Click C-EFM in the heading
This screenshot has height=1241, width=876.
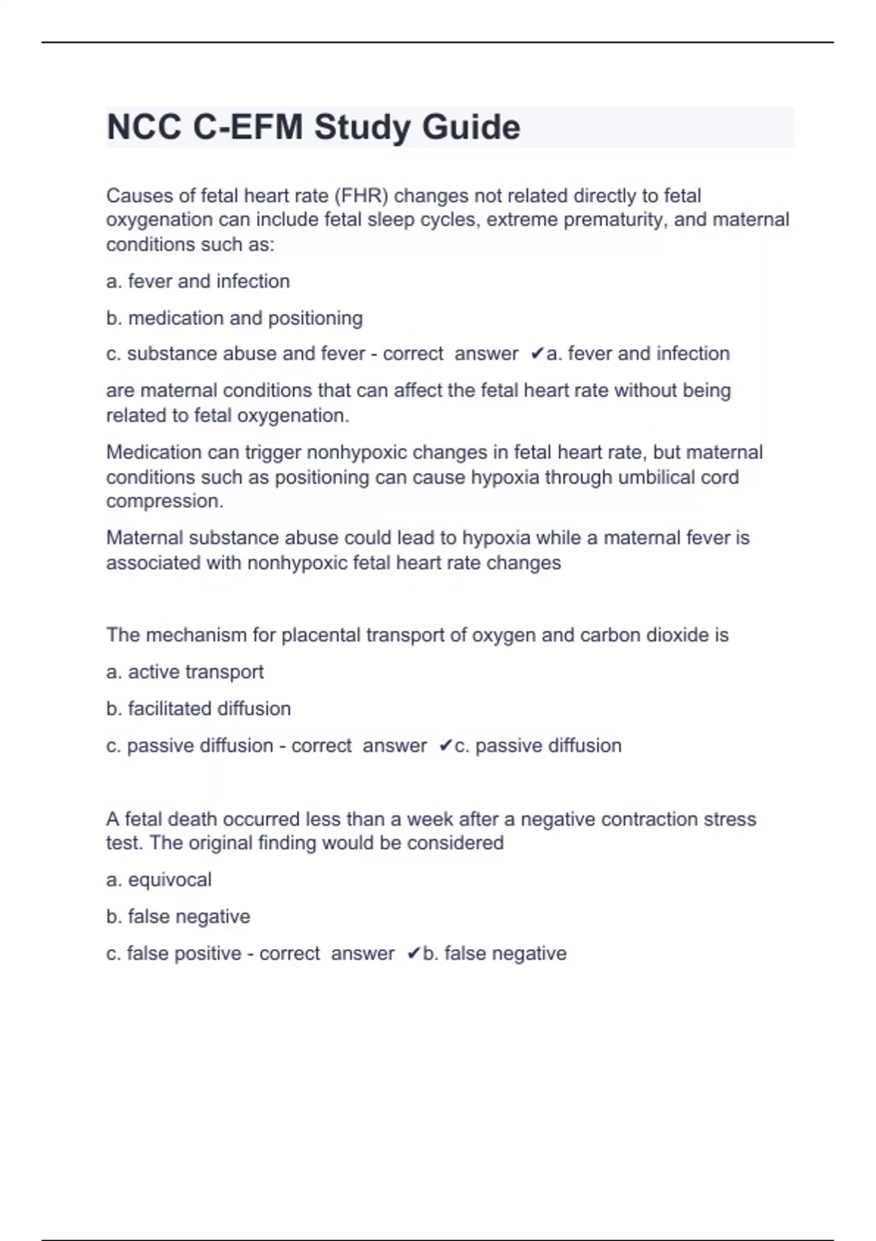tap(247, 128)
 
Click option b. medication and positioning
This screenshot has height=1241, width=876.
tap(234, 318)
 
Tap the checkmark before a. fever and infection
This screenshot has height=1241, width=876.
tap(537, 354)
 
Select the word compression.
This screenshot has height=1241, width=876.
tap(164, 502)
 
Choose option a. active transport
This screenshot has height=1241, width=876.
tap(185, 672)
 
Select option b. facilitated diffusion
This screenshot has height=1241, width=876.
tap(199, 709)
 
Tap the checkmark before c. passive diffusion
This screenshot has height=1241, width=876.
tap(445, 746)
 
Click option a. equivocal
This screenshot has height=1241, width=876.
tap(158, 880)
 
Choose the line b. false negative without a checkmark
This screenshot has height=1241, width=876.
tap(178, 917)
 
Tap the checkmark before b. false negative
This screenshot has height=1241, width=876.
tap(413, 954)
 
